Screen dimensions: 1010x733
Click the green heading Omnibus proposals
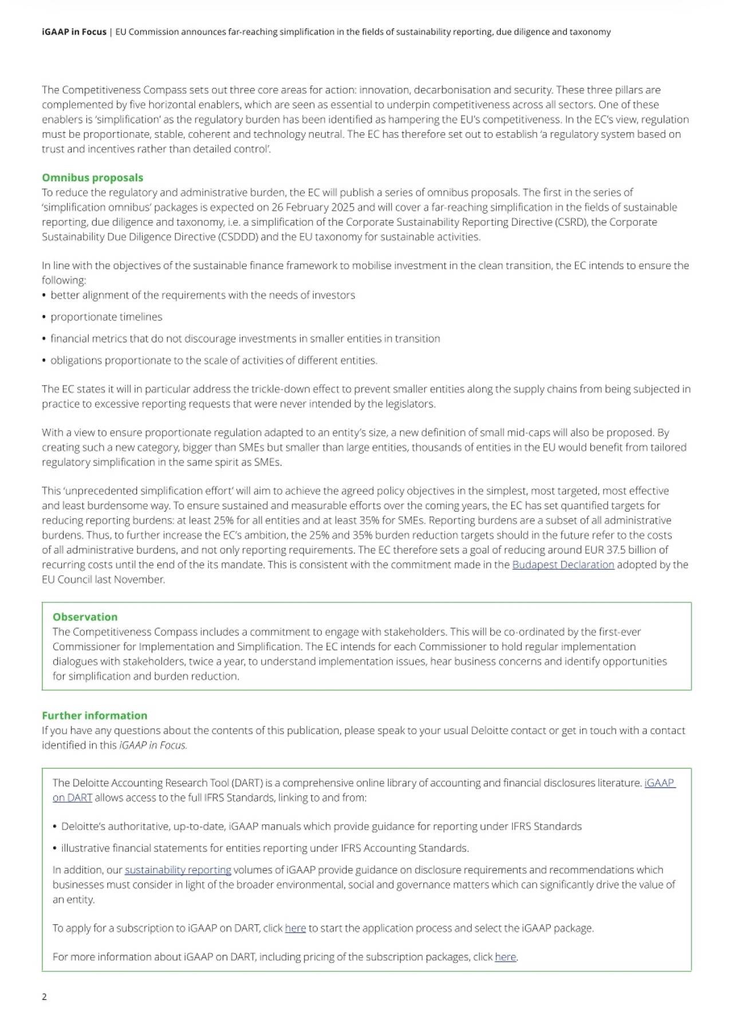[x=92, y=178]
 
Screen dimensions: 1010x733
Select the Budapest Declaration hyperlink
[x=563, y=565]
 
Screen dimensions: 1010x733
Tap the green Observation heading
[x=85, y=617]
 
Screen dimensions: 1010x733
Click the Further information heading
[x=94, y=715]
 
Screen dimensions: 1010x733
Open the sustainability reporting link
[x=178, y=870]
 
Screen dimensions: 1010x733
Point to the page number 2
[x=44, y=996]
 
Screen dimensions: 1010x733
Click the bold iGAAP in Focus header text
[x=74, y=32]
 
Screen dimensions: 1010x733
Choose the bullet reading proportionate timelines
[x=107, y=317]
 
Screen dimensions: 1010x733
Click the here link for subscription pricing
[x=505, y=957]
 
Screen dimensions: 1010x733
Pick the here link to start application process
[x=295, y=928]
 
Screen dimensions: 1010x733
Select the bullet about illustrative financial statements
[x=265, y=848]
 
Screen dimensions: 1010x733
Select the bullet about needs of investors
[x=203, y=295]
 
